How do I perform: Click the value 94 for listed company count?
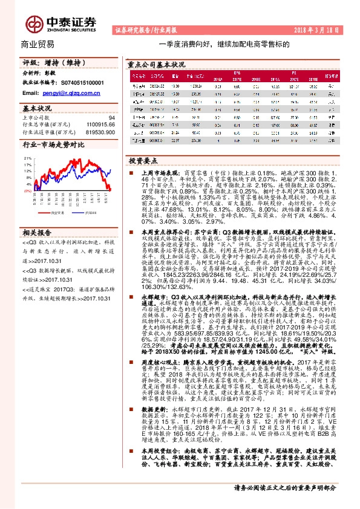(x=111, y=118)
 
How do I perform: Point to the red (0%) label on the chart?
(x=27, y=190)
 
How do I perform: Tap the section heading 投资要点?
(x=143, y=161)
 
